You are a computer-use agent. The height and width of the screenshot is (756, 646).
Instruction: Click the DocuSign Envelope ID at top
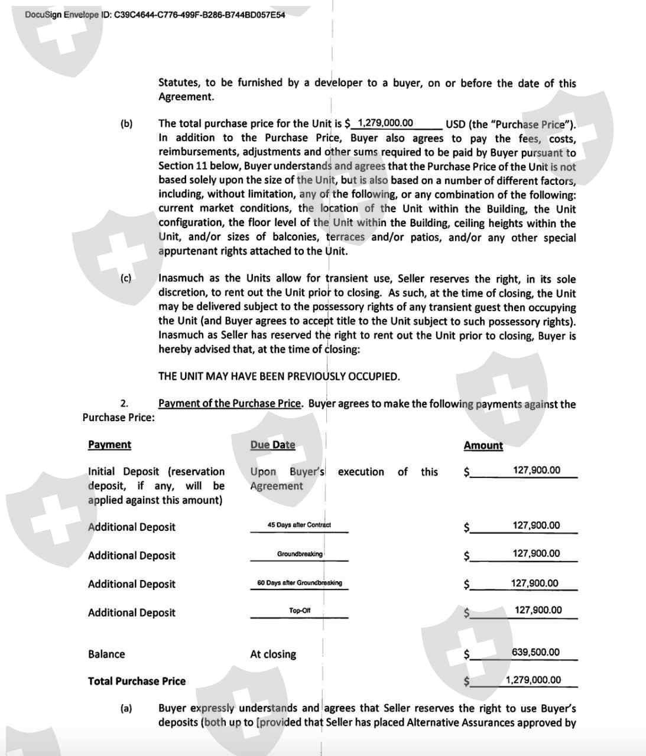click(x=155, y=14)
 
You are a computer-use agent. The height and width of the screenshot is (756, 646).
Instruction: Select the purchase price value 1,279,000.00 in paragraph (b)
click(x=385, y=123)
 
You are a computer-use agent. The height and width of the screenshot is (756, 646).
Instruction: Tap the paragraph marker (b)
click(x=126, y=123)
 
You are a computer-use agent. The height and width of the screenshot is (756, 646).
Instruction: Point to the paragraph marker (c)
click(x=125, y=278)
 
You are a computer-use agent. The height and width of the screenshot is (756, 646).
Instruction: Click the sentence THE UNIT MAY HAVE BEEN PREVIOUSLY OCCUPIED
click(x=279, y=376)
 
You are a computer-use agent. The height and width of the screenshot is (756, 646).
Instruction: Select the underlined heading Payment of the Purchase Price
click(x=231, y=403)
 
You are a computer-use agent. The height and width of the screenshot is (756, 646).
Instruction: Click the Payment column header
click(x=109, y=445)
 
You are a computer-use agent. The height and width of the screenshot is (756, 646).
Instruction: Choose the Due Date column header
click(x=272, y=445)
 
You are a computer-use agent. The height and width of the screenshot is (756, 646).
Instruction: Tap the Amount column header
click(x=483, y=445)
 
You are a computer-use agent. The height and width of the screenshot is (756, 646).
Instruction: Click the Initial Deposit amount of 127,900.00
click(x=537, y=470)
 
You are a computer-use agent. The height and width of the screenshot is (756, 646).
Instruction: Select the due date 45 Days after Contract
click(x=299, y=525)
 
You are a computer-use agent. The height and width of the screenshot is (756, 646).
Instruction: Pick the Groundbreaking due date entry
click(x=300, y=554)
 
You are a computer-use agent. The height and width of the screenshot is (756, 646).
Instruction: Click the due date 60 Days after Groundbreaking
click(x=300, y=583)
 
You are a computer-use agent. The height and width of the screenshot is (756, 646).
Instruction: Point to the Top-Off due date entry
click(x=300, y=611)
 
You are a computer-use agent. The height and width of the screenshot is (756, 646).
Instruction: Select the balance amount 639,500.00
click(x=535, y=652)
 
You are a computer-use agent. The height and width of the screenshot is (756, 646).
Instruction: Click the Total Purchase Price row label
click(x=137, y=681)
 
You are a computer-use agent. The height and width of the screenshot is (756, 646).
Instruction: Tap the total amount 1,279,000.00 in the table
click(x=533, y=680)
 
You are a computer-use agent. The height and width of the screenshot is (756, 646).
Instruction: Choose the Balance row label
click(x=106, y=654)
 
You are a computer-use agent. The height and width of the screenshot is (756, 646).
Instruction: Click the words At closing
click(x=273, y=654)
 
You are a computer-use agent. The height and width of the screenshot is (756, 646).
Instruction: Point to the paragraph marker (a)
click(x=126, y=708)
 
